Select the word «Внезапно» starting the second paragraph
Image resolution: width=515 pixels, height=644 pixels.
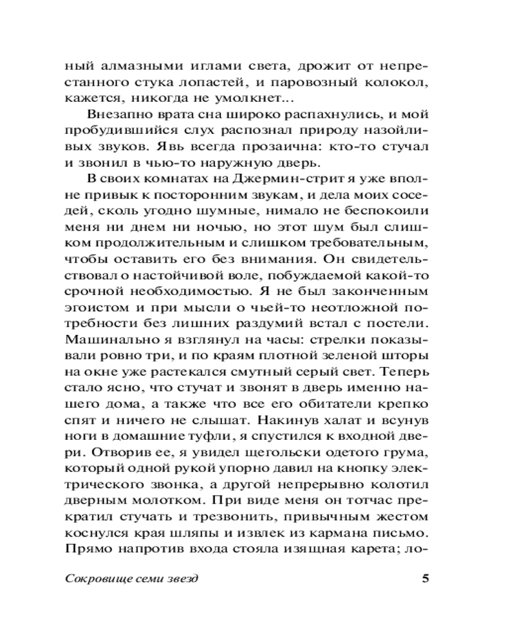point(114,115)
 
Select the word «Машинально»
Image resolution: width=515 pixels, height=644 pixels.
point(98,340)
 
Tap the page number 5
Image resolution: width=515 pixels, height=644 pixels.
point(424,578)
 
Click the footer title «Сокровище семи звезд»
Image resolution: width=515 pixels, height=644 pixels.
point(132,578)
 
